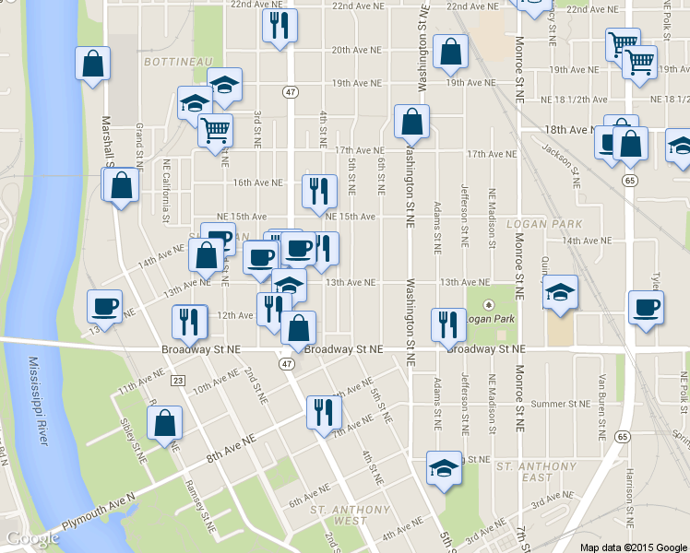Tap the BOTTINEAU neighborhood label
click(172, 61)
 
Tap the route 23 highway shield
click(178, 380)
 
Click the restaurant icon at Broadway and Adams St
click(447, 324)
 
